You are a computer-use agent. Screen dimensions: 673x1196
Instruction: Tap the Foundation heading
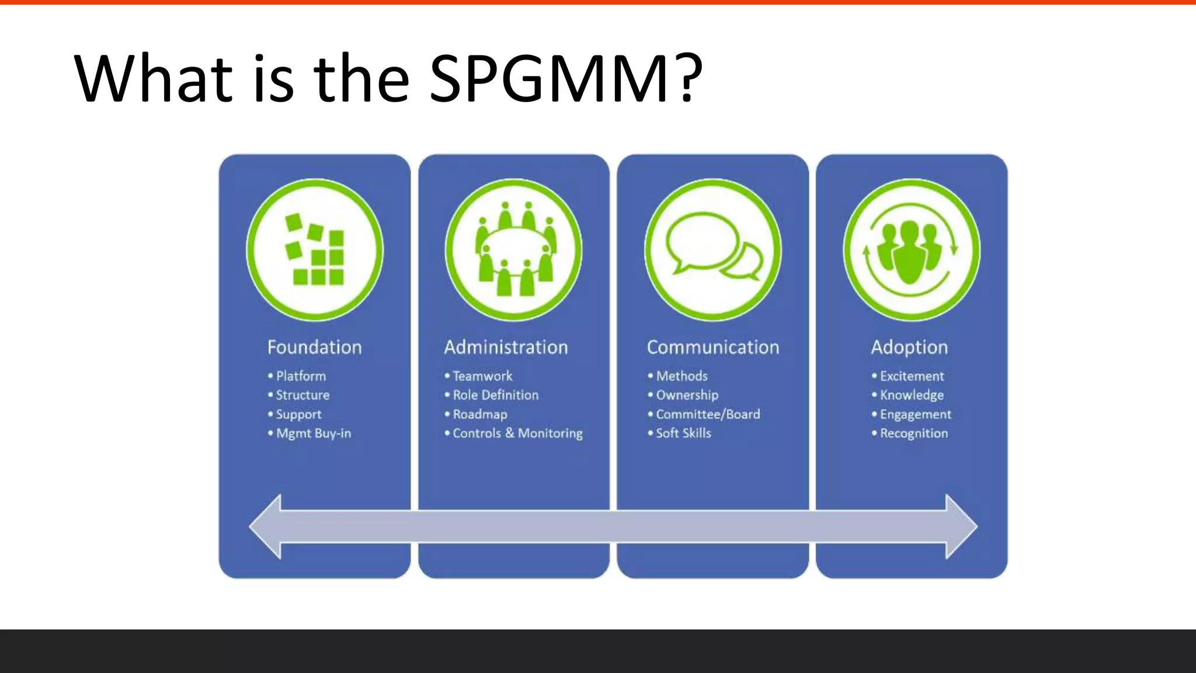point(314,347)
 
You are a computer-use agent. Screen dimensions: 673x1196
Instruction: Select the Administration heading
point(506,347)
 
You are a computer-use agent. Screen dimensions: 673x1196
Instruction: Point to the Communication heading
point(712,347)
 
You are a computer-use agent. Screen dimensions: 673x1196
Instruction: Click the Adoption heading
point(909,347)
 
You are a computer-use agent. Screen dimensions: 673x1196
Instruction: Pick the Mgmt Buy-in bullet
point(313,433)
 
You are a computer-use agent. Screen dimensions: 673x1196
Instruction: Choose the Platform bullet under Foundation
point(301,376)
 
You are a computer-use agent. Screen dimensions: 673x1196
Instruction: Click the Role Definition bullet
point(495,395)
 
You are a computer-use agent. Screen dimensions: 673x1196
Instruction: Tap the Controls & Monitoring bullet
point(517,433)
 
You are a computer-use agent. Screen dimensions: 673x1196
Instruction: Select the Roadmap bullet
point(479,414)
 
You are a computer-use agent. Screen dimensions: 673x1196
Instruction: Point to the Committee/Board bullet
point(708,414)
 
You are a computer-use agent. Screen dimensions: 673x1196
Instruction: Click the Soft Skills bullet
point(683,433)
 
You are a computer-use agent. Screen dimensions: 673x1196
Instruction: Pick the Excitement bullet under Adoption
point(912,376)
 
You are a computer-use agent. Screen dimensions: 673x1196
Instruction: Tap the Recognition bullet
point(913,433)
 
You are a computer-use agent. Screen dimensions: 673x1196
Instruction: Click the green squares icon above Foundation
point(315,249)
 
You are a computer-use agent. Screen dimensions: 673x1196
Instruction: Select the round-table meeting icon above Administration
point(514,249)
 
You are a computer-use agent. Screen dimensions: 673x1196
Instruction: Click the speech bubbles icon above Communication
point(713,249)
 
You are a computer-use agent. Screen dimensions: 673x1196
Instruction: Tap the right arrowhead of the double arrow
point(960,526)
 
